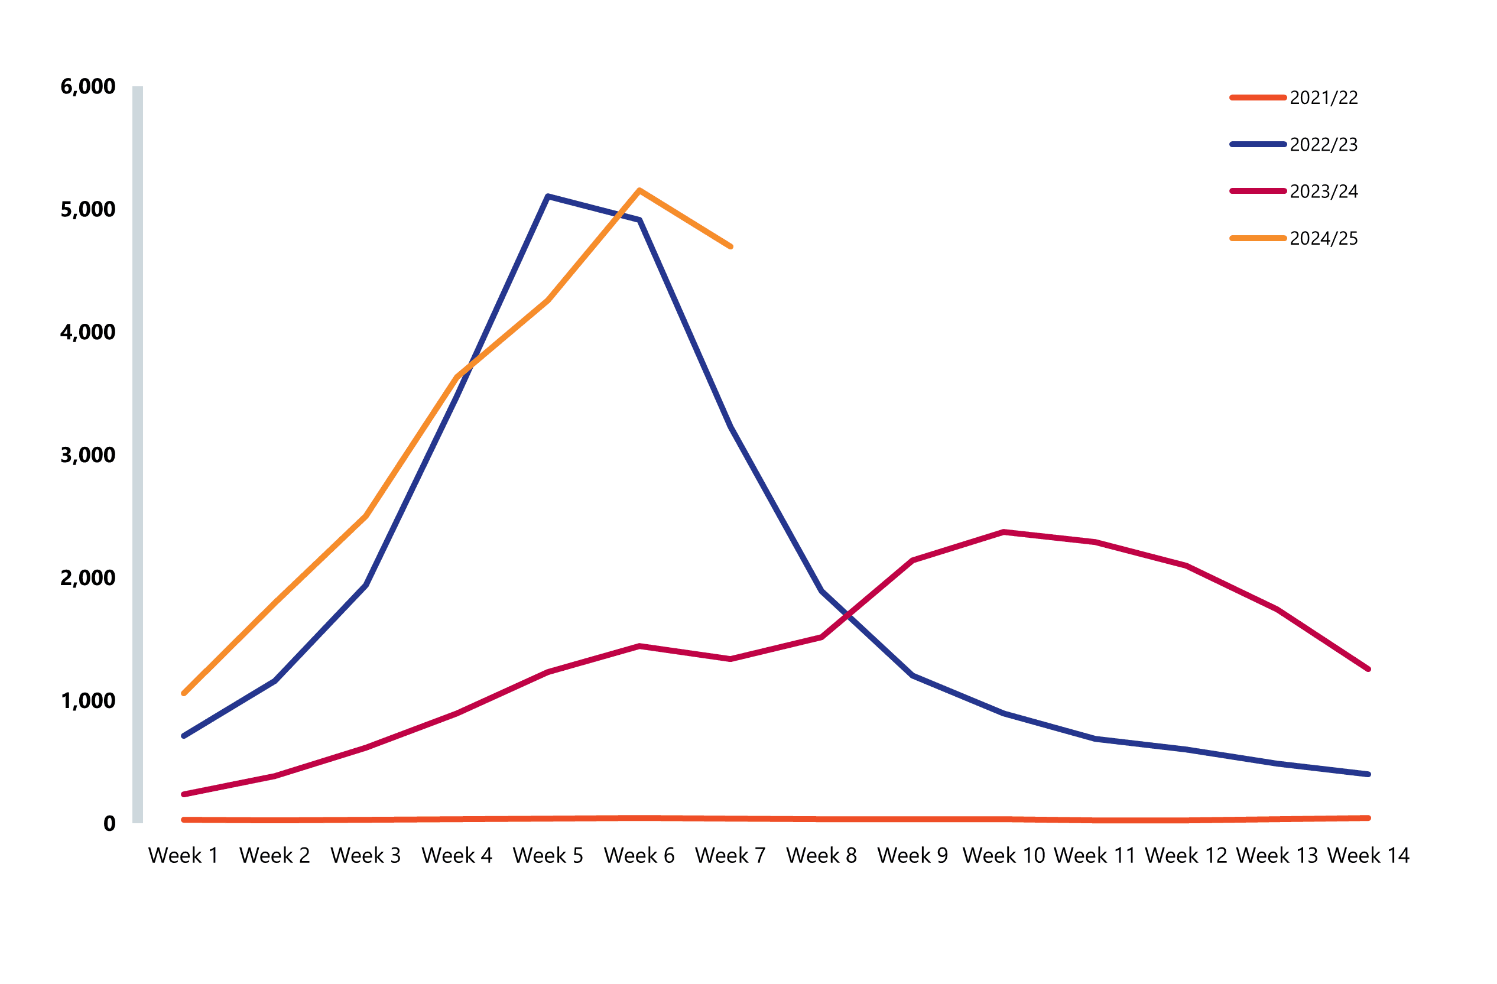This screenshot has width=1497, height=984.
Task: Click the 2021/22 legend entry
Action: click(x=1323, y=98)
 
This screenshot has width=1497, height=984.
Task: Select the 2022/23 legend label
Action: click(x=1323, y=145)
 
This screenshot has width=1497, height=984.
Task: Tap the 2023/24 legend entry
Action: click(x=1323, y=191)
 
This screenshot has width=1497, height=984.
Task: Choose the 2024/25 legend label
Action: click(x=1323, y=238)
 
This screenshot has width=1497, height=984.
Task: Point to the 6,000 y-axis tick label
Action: click(x=87, y=86)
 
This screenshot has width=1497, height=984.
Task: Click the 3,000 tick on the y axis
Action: click(x=87, y=455)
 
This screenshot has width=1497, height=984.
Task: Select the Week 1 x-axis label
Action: click(x=183, y=856)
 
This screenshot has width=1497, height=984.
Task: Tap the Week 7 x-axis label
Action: click(x=730, y=856)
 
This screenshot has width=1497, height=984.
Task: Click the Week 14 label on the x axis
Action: click(x=1368, y=856)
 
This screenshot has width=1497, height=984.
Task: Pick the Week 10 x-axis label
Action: click(x=1004, y=856)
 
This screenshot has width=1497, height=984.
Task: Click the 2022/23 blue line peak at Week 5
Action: click(x=548, y=196)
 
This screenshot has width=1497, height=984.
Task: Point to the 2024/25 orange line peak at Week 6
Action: click(x=639, y=190)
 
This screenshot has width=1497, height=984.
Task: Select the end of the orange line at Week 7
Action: click(x=730, y=246)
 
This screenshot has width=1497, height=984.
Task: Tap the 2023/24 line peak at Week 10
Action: click(x=1004, y=532)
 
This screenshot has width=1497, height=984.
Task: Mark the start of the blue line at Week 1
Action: click(x=183, y=735)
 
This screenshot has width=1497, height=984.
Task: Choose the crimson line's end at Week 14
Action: click(x=1368, y=669)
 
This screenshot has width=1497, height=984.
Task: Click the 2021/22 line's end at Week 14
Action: click(x=1368, y=818)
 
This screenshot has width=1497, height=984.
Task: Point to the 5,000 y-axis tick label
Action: click(x=87, y=209)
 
